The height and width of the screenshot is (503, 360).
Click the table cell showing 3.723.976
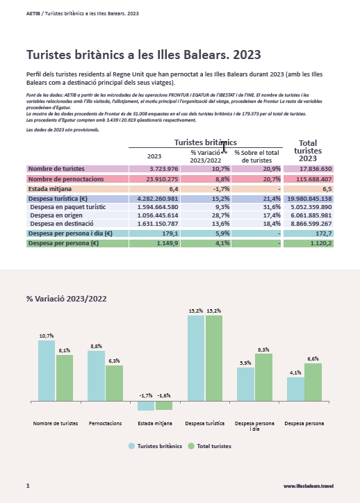pos(154,169)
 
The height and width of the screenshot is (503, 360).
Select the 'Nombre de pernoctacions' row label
pos(66,179)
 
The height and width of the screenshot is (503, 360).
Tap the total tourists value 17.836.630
pos(309,169)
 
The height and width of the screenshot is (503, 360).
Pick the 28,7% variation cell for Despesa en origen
pos(206,215)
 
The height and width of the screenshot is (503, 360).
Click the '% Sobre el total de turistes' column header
pos(256,156)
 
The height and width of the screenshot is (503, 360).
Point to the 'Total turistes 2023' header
pos(308,151)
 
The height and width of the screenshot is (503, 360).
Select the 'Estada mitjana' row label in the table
pos(50,189)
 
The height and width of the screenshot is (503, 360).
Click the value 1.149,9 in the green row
pos(154,243)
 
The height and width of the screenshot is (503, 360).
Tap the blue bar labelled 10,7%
pos(47,370)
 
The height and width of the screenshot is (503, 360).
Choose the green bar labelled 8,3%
pos(263,377)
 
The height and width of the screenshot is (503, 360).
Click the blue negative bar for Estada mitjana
pos(146,406)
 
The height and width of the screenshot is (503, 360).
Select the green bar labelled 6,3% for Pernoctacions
pos(114,383)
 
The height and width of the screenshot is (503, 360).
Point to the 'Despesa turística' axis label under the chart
pos(205,423)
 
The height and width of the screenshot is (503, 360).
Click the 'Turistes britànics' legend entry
pos(155,446)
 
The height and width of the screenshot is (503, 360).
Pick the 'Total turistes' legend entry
pos(209,446)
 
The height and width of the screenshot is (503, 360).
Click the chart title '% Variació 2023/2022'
pos(67,299)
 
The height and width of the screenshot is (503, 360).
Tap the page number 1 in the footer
pos(28,486)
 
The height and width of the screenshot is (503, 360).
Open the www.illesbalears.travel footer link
pos(309,486)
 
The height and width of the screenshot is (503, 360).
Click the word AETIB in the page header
pos(33,13)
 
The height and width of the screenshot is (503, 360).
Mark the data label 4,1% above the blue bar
pos(295,372)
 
